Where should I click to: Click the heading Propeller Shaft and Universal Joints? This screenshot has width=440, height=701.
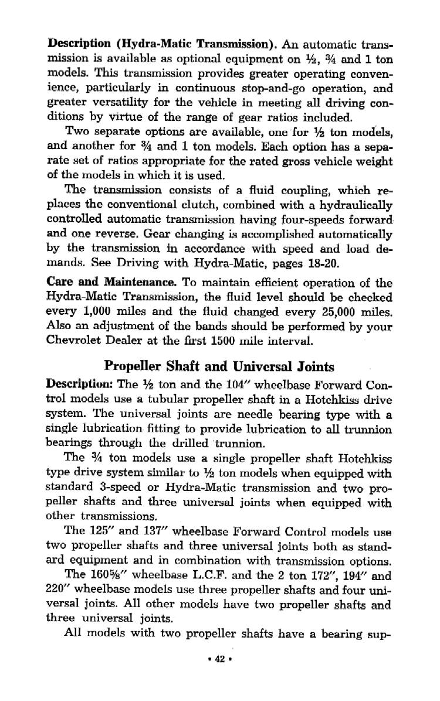(219, 367)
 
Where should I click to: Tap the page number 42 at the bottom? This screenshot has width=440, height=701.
(220, 658)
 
